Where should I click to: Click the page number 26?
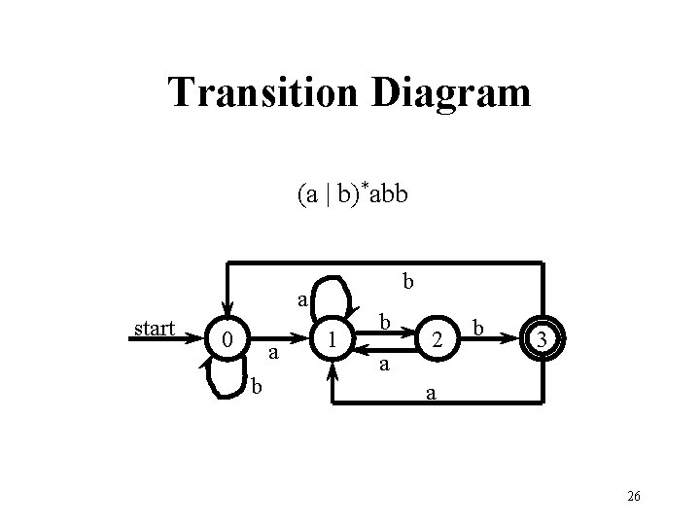(633, 496)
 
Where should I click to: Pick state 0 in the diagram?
(226, 340)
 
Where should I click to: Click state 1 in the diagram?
(333, 340)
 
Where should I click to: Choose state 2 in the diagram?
(439, 340)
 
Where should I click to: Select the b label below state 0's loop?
(256, 386)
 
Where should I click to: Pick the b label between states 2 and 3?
(477, 323)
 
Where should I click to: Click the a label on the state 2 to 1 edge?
(384, 365)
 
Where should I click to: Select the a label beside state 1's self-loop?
(302, 300)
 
